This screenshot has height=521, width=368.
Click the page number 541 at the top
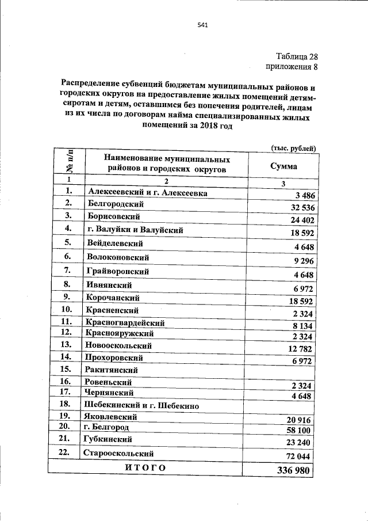pos(202,25)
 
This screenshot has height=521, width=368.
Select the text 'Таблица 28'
pos(296,56)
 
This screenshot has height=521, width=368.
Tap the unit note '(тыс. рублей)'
pos(293,148)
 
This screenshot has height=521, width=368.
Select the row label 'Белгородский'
pos(116,204)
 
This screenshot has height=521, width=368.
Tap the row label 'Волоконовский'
pos(117,257)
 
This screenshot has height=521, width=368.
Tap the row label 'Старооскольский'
pos(120,454)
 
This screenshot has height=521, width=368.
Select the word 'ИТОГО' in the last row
pos(145,467)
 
